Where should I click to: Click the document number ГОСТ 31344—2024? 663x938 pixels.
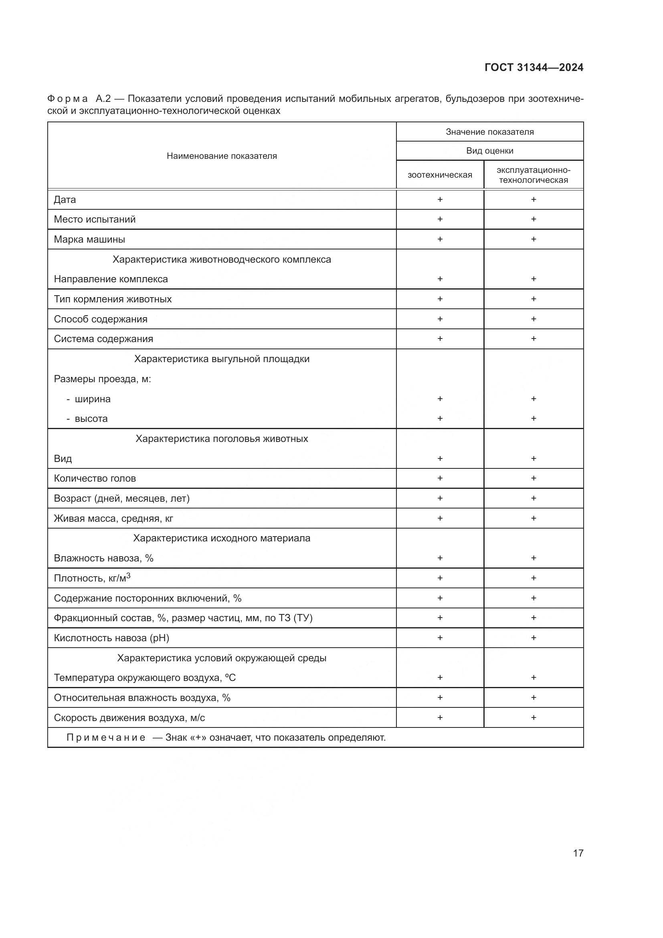[534, 67]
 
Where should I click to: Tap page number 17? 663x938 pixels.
[578, 853]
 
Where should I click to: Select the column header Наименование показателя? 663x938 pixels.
[222, 156]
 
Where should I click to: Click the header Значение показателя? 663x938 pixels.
[489, 132]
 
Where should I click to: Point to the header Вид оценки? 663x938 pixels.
[489, 151]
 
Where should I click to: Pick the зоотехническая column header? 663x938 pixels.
[440, 175]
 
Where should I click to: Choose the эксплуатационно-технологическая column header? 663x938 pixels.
[533, 175]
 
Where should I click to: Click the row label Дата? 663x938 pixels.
[65, 199]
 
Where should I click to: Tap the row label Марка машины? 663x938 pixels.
[89, 239]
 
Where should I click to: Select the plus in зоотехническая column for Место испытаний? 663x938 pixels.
[440, 219]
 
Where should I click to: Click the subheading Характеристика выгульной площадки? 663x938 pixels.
[222, 359]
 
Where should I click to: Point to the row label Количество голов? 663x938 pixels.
[95, 478]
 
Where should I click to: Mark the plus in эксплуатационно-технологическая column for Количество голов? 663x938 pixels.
[533, 478]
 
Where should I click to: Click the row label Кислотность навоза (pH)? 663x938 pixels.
[111, 638]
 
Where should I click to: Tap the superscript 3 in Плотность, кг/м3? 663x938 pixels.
[128, 575]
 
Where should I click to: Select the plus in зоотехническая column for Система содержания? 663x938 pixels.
[440, 339]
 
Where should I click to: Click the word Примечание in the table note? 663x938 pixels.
[106, 737]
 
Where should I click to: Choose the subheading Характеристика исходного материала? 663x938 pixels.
[222, 538]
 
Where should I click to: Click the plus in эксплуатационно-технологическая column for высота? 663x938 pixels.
[533, 418]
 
